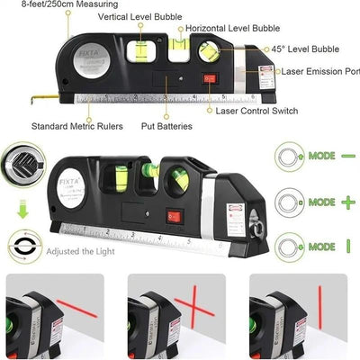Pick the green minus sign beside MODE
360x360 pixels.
click(346, 155)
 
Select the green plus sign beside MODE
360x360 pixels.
click(346, 202)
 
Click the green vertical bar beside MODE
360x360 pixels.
click(346, 247)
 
